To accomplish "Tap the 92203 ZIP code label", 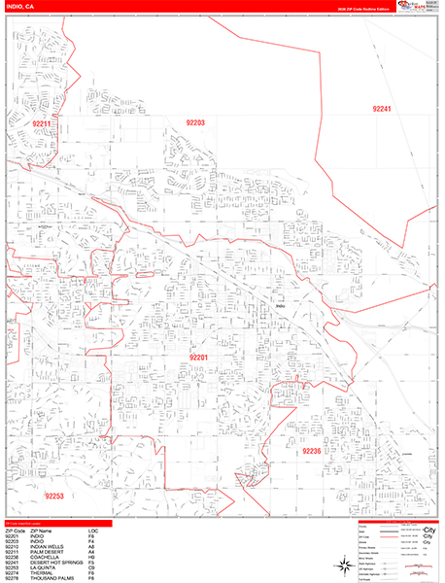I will [x=195, y=122].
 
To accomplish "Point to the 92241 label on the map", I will [x=381, y=110].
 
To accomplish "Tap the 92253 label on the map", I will [x=52, y=496].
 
